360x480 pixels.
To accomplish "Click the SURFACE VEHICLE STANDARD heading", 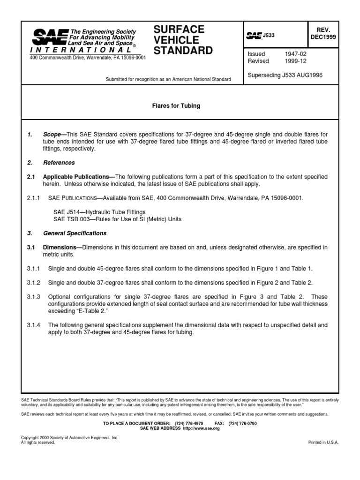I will click(183, 40).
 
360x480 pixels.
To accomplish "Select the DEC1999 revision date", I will click(322, 39).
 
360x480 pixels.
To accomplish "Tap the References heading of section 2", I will click(59, 163).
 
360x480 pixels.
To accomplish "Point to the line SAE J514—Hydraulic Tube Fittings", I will click(99, 212).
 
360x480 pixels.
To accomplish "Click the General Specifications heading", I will click(75, 233).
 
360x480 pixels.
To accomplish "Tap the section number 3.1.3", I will click(34, 297).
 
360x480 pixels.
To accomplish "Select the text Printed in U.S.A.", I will click(323, 442).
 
